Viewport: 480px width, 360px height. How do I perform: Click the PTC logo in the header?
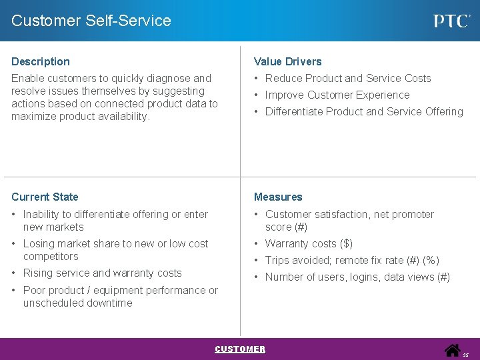pos(452,21)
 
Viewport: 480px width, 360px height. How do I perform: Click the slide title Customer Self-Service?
pos(91,21)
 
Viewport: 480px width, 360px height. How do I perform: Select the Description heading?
pos(41,61)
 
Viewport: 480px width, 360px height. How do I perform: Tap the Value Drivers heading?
pos(287,61)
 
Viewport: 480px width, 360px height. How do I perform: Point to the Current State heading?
pos(45,197)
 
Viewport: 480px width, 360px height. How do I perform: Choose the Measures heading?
pos(278,197)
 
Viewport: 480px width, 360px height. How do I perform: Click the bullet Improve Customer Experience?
pos(337,95)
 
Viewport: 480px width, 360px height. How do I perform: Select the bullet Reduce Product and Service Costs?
pos(348,78)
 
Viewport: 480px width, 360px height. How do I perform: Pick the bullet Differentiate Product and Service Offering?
pos(364,111)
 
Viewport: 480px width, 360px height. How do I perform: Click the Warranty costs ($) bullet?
pos(309,243)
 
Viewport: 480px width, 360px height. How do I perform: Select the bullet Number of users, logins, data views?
pos(357,277)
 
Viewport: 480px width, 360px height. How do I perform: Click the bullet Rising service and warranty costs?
pos(102,273)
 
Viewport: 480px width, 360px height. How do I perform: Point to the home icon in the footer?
pos(453,349)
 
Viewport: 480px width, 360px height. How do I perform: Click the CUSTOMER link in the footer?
pos(240,349)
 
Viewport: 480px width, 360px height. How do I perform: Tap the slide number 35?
pos(466,355)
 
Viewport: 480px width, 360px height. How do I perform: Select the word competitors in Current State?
pos(51,256)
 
